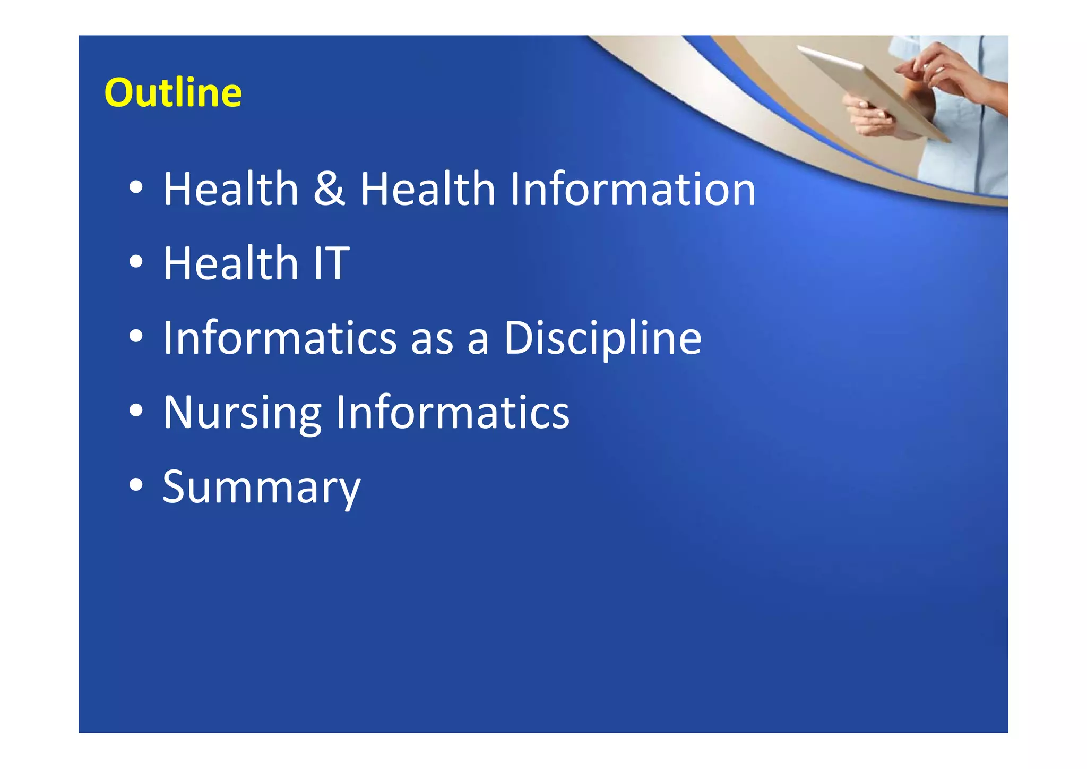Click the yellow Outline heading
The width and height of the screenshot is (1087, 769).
click(173, 93)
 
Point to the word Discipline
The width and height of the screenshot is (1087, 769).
click(602, 338)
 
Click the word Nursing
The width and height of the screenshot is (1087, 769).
click(242, 413)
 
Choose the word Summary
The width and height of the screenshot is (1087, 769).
click(261, 488)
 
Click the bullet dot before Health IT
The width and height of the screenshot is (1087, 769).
click(136, 262)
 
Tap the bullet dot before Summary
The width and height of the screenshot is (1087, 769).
click(136, 485)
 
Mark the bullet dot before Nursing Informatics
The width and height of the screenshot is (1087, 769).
click(136, 411)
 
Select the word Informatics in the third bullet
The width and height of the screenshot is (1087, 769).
click(280, 338)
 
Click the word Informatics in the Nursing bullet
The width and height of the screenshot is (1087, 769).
click(452, 413)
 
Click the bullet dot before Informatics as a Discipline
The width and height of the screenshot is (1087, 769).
click(136, 336)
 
